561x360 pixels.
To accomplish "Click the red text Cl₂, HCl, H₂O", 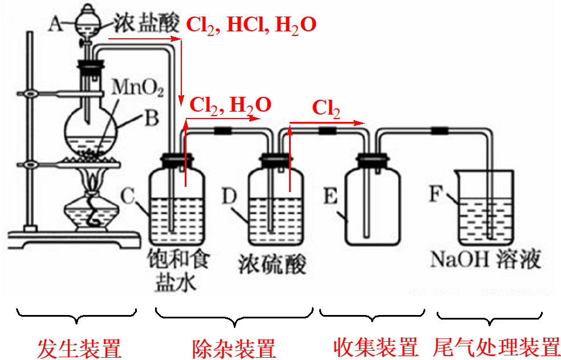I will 251,25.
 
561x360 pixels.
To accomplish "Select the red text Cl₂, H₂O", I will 230,105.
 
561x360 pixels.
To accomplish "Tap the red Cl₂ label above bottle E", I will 326,108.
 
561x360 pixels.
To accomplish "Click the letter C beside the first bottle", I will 129,197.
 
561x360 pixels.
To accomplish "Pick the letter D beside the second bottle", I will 229,197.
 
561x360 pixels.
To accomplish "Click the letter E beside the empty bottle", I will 331,197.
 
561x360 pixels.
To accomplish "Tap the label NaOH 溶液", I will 485,260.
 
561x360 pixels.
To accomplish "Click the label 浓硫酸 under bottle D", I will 271,264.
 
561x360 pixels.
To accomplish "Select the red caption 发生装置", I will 79,347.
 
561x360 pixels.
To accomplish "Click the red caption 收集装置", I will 376,347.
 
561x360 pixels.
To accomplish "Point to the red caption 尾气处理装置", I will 497,347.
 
